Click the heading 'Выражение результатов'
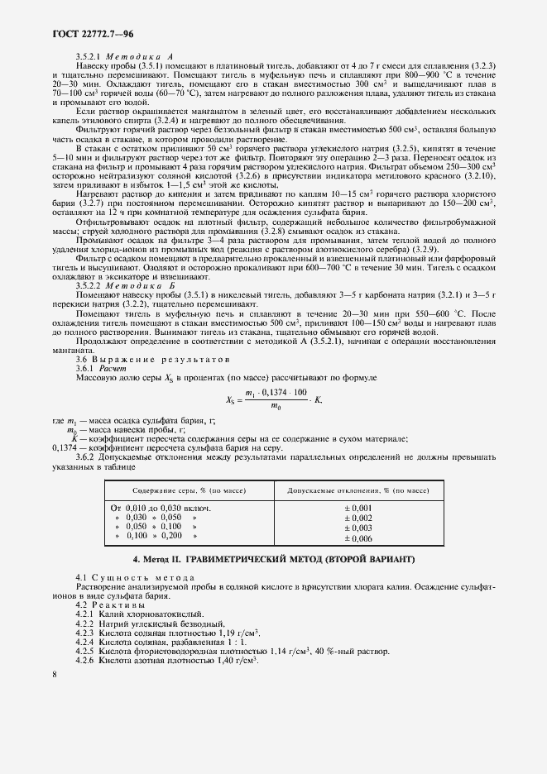coord(152,361)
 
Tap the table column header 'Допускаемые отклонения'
coord(357,491)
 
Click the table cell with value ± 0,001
coord(357,508)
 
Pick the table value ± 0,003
coord(357,528)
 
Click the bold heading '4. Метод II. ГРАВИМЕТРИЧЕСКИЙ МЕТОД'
coord(272,560)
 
